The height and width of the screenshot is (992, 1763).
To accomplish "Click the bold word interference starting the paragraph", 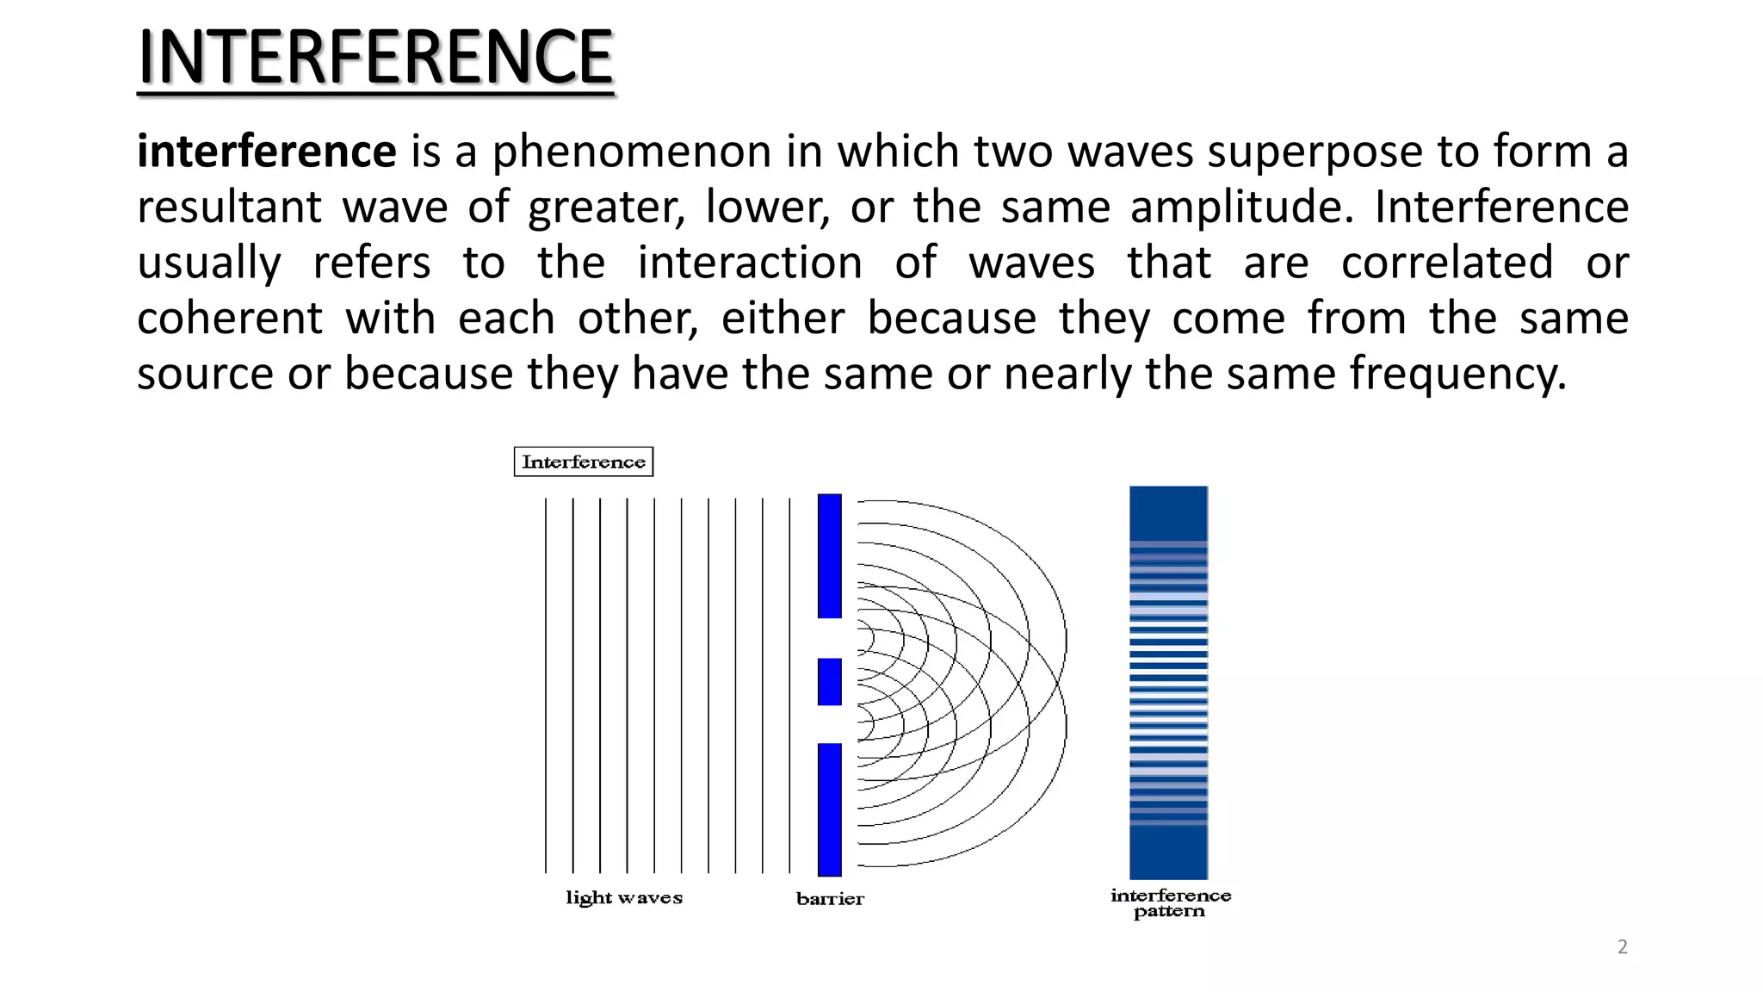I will (x=266, y=152).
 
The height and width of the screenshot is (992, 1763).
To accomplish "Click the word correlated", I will (x=1447, y=263).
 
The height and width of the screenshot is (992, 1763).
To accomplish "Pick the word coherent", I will (x=230, y=318).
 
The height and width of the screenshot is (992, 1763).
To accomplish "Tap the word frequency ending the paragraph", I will (x=1457, y=375).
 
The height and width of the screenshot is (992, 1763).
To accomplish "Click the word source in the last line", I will (x=205, y=375).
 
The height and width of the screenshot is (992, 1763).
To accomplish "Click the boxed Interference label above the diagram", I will (x=584, y=462).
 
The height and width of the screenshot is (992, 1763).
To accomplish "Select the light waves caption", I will (x=624, y=898).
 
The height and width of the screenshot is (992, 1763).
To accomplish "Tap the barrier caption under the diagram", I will (x=830, y=899).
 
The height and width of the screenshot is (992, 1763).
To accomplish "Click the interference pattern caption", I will (x=1170, y=903).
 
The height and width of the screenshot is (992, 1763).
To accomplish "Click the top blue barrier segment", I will (x=829, y=555).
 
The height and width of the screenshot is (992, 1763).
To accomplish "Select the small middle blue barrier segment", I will (x=829, y=681).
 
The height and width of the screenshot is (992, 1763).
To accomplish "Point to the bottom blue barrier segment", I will (x=829, y=809).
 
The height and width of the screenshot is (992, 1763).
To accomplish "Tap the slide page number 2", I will (x=1623, y=947).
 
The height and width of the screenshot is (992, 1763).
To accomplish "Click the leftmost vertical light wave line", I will (x=546, y=685).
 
